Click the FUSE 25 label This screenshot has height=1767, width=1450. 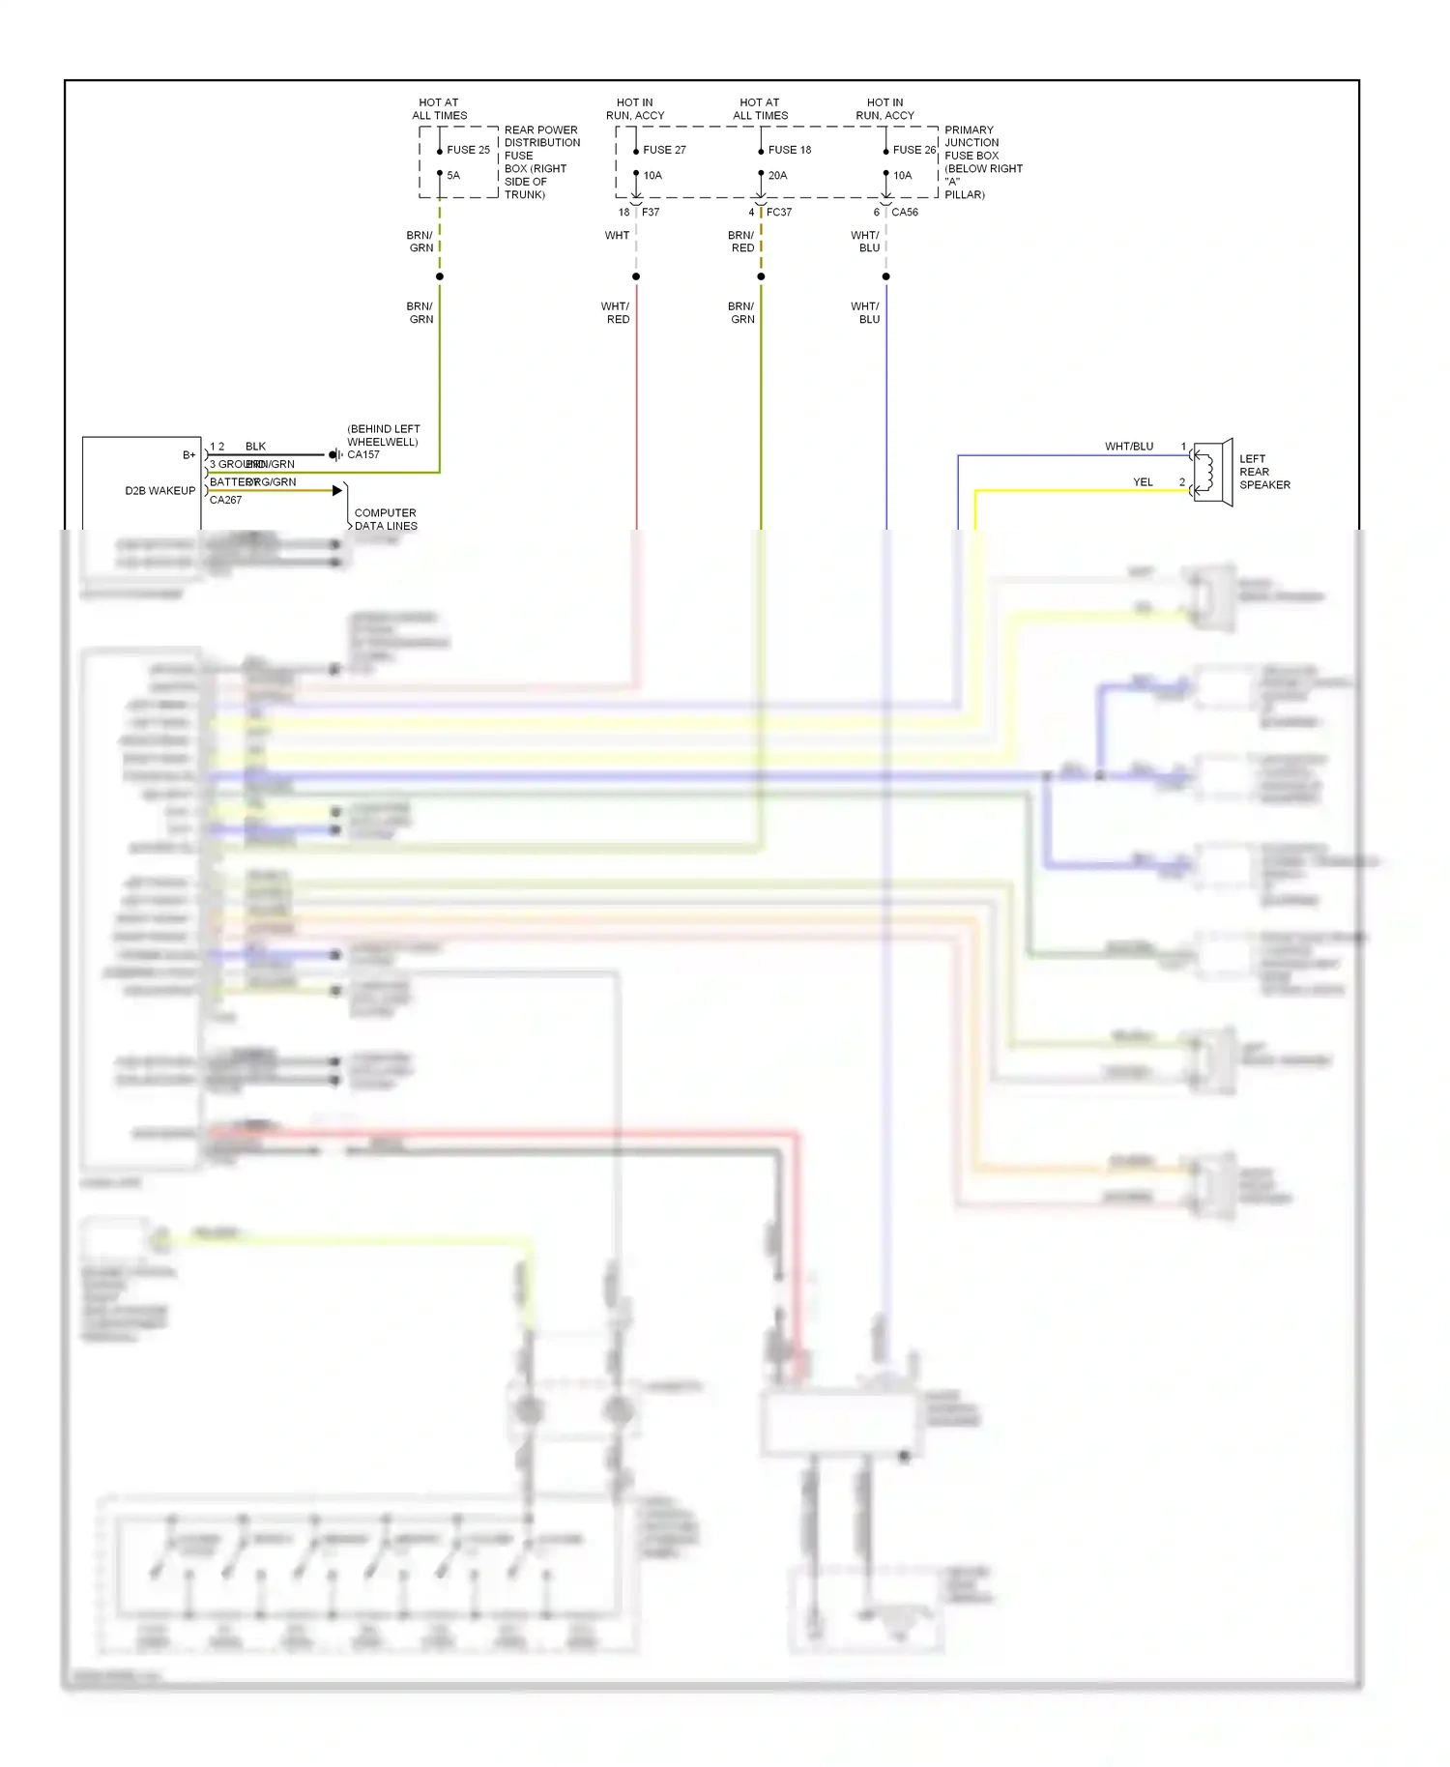(468, 150)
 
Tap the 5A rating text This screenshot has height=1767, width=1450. (453, 176)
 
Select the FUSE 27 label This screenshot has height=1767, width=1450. (664, 150)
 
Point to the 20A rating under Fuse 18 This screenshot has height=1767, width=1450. (777, 176)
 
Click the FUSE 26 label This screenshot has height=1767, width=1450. (913, 150)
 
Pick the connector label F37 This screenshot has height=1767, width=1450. (651, 213)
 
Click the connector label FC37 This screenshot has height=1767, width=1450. (779, 213)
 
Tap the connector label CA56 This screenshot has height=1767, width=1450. (905, 213)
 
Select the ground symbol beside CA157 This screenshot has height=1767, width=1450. (334, 454)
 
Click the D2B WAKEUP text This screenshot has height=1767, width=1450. (159, 491)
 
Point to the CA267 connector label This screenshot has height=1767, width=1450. (225, 501)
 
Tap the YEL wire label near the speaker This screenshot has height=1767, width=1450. (1143, 482)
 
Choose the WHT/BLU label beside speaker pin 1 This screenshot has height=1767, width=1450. (1129, 447)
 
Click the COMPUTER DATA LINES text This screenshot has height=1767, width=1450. (386, 520)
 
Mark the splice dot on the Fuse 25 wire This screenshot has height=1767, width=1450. (440, 276)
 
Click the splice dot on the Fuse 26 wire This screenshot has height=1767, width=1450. (885, 276)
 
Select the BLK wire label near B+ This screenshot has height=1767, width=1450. (255, 447)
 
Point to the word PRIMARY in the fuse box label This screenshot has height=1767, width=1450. (969, 130)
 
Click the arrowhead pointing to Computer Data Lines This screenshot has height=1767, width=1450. (336, 491)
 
